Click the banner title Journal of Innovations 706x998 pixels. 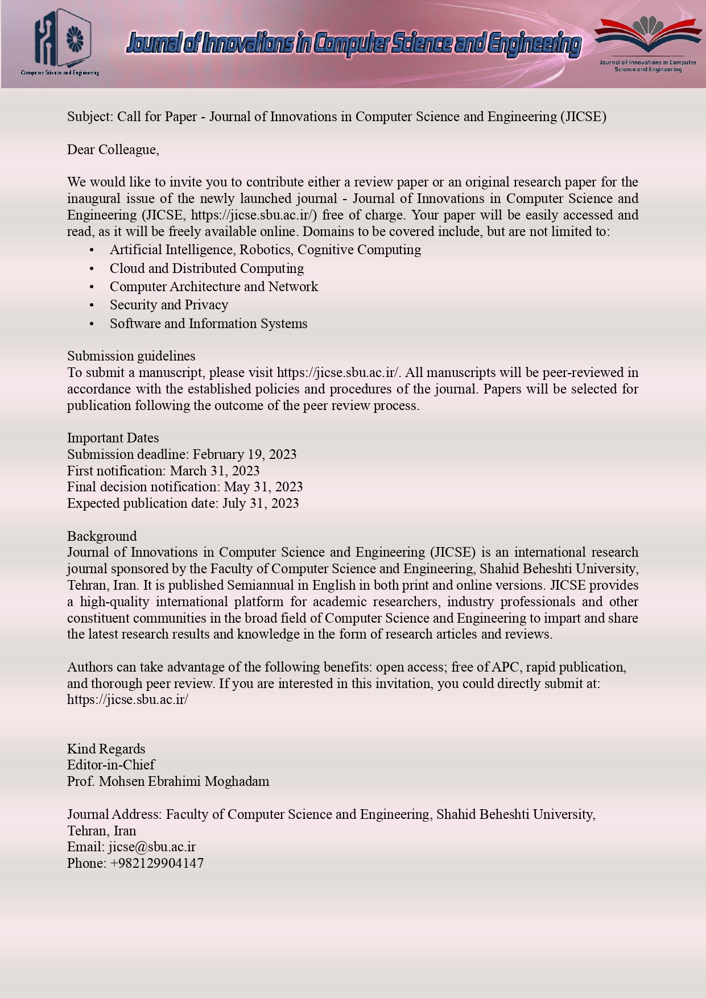coord(353,44)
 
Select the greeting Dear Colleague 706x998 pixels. coord(113,150)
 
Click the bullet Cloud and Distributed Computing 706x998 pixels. coord(207,268)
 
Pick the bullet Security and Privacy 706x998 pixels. coord(169,305)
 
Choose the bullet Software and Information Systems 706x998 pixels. coord(208,324)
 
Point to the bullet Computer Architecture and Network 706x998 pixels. coord(213,287)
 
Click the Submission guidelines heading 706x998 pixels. coord(131,356)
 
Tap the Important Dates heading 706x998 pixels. coord(113,438)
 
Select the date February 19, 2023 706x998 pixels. coord(245,454)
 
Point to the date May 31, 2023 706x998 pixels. coord(263,487)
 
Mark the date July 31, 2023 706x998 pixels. coord(261,503)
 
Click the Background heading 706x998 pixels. coord(102,536)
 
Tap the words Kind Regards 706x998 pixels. coord(106,749)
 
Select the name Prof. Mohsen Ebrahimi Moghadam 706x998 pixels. coord(168,781)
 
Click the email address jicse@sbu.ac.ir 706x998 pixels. coord(152,847)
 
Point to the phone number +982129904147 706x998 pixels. coord(156,863)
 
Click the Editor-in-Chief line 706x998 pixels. coord(111,765)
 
